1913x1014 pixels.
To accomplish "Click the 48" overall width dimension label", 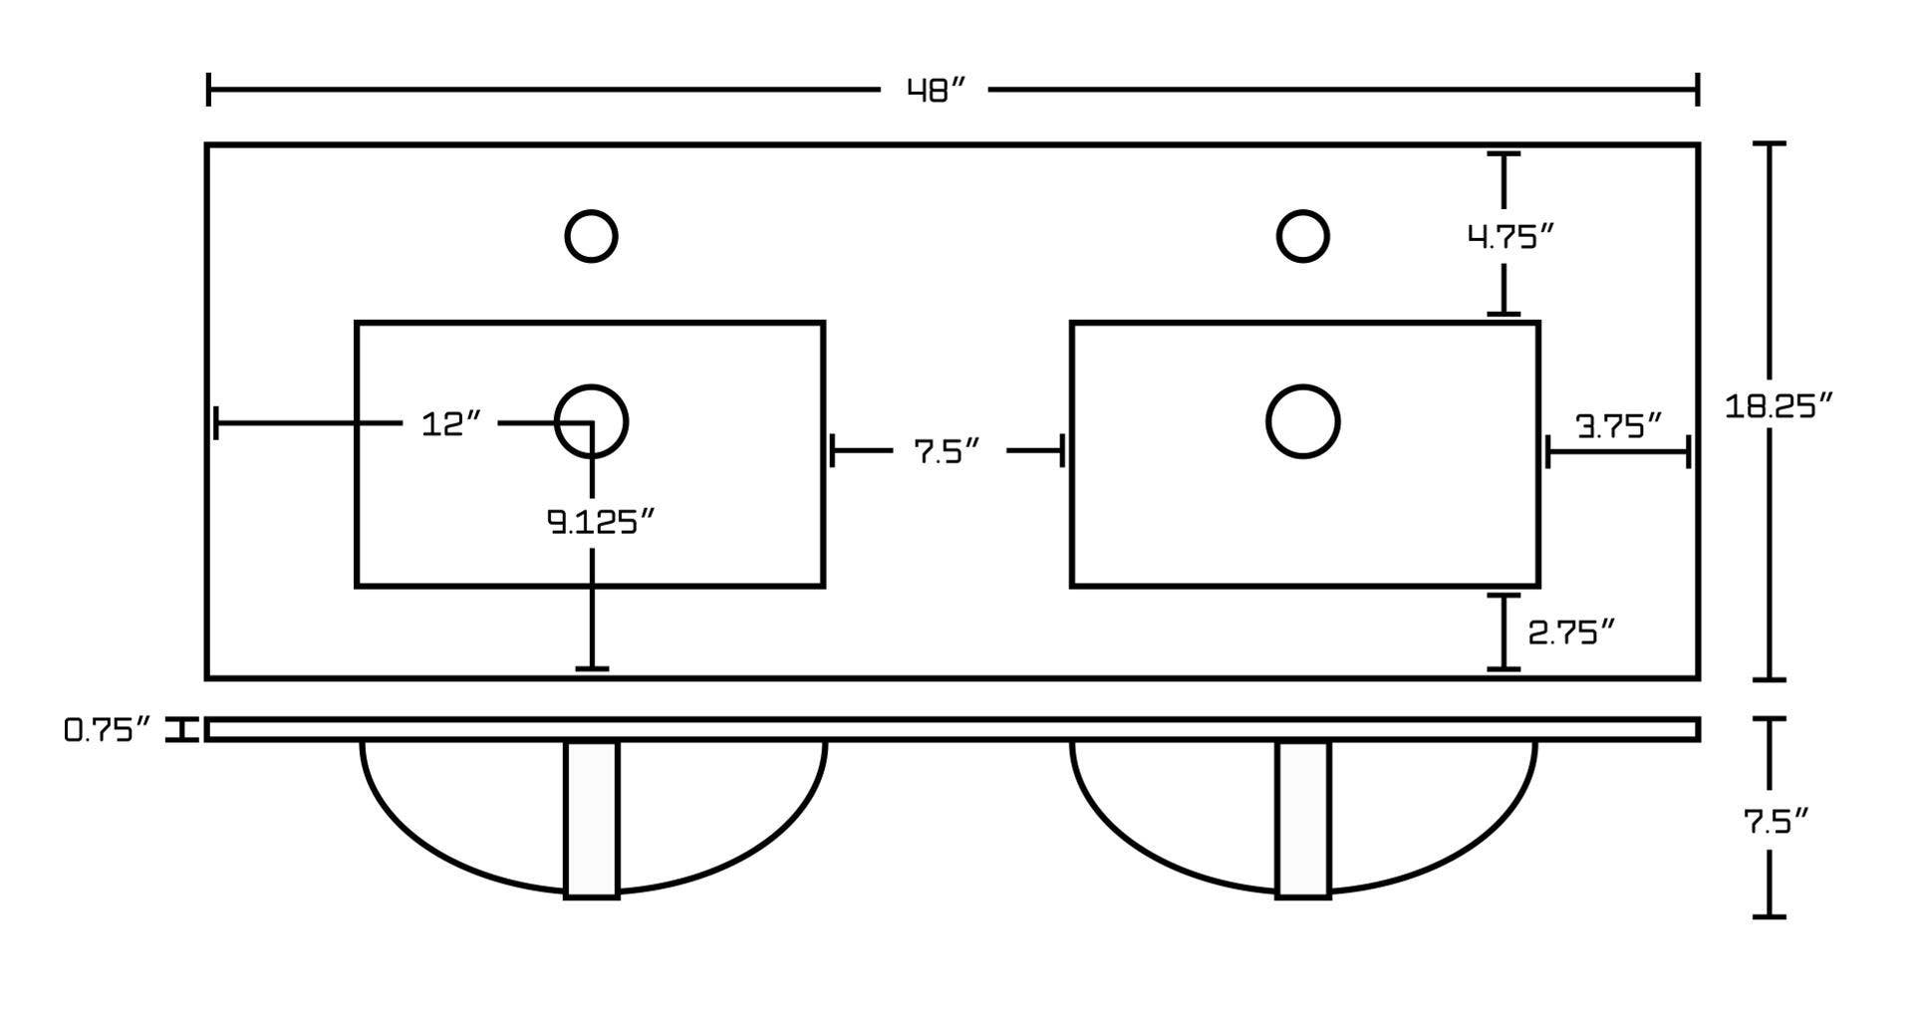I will point(936,91).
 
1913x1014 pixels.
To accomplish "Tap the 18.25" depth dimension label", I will point(1778,405).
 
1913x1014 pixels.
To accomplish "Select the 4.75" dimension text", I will point(1510,237).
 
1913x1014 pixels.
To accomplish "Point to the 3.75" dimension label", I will point(1619,426).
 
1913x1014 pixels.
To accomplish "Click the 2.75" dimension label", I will point(1571,632).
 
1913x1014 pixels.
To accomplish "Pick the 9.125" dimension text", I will point(601,521).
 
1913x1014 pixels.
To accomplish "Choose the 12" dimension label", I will point(450,424).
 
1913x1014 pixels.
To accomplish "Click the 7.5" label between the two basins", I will point(947,451).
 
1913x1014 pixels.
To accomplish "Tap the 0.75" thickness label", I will point(107,730).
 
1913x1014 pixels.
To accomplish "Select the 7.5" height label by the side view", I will point(1776,822).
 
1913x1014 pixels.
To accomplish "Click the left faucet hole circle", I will point(591,237).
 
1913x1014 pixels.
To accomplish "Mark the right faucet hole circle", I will point(1302,237).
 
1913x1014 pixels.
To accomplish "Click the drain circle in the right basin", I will point(1302,421).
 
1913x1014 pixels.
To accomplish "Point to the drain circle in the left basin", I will point(591,421).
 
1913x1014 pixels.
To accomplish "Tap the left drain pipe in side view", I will point(592,819).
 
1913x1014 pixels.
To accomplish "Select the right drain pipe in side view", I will point(1303,819).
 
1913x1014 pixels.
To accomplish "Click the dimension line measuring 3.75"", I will point(1618,452).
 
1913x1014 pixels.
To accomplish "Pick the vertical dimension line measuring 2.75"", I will point(1503,632).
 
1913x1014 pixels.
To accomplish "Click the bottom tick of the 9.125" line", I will point(592,668).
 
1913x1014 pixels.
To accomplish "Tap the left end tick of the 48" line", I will point(208,90).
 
